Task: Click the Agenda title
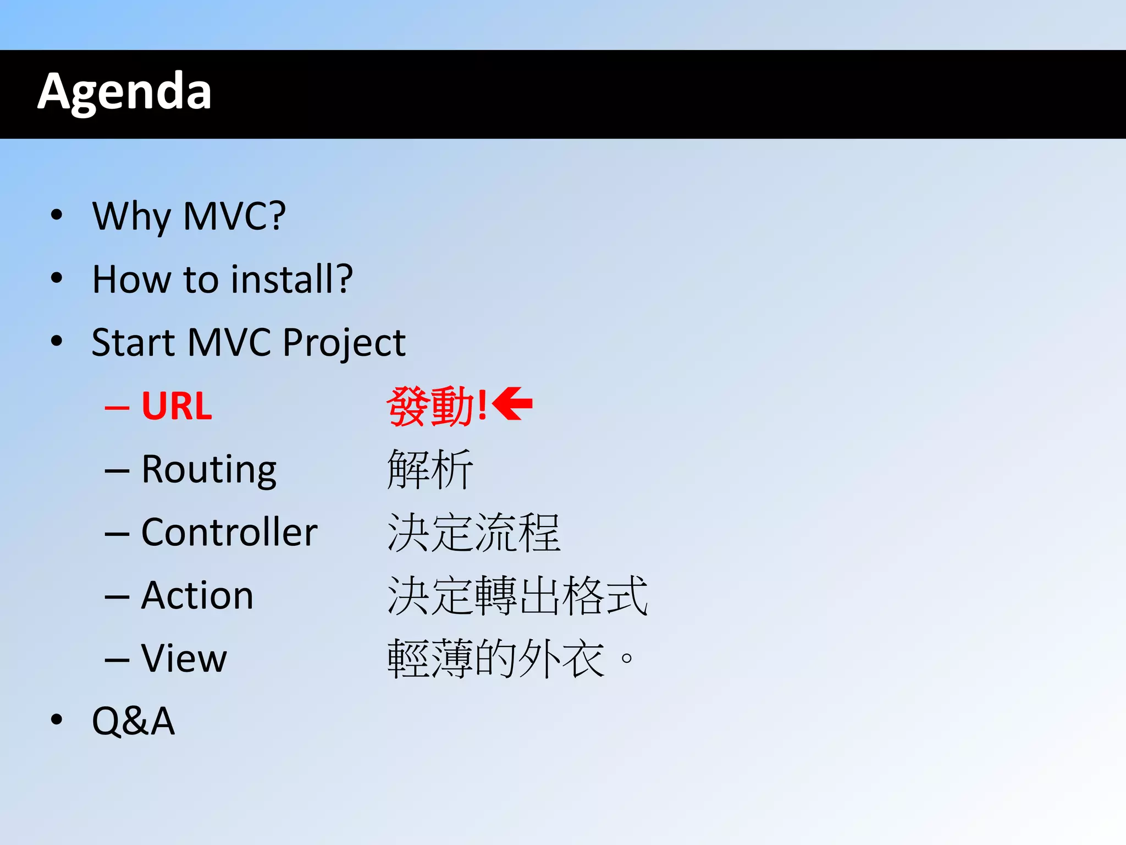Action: [124, 92]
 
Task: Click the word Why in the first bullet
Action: [131, 216]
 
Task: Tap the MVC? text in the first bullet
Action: [235, 216]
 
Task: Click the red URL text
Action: [176, 407]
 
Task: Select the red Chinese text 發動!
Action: [436, 407]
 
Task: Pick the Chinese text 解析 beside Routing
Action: [430, 469]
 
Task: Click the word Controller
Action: [229, 533]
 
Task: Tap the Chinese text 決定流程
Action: [473, 533]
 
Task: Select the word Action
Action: [197, 596]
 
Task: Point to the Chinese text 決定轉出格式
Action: [517, 596]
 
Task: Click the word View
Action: [184, 659]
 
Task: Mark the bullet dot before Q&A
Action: [56, 720]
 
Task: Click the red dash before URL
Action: [117, 408]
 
